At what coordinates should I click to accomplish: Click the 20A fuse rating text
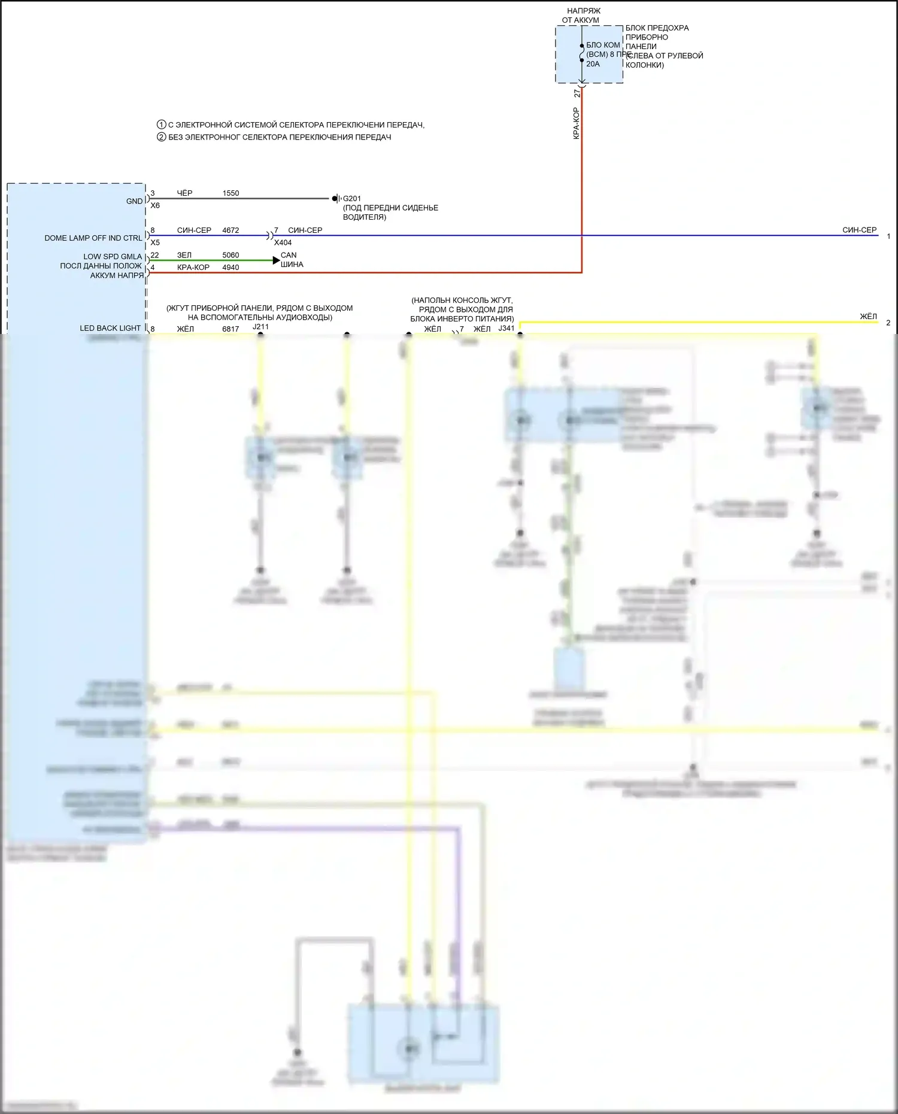coord(593,64)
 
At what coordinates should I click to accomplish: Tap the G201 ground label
coord(352,199)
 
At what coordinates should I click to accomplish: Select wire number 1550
coord(230,193)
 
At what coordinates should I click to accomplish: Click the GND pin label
coord(135,201)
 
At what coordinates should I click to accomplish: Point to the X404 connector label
coord(283,243)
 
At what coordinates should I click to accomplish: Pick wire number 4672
coord(230,230)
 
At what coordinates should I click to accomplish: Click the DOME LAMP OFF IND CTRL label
coord(93,238)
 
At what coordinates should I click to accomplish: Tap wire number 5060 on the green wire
coord(230,256)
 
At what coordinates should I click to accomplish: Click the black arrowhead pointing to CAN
coord(276,260)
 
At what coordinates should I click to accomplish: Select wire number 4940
coord(230,268)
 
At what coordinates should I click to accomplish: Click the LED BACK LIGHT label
coord(110,329)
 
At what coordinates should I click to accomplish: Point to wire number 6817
coord(230,329)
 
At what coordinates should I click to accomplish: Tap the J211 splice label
coord(260,327)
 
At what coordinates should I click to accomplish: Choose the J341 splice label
coord(506,329)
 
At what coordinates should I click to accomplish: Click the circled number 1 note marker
coord(161,125)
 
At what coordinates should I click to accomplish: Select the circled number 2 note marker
coord(161,137)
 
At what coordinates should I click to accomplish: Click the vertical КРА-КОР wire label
coord(576,123)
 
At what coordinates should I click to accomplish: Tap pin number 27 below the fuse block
coord(577,94)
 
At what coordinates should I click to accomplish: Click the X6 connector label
coord(155,206)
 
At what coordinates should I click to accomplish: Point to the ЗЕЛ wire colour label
coord(184,256)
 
